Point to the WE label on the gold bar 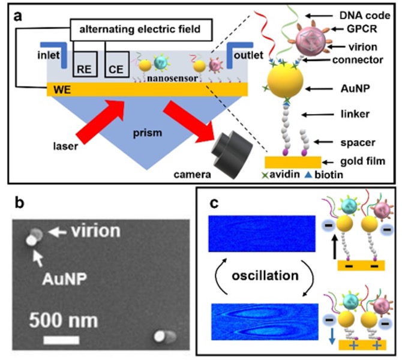pos(58,89)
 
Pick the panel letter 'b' pos(19,202)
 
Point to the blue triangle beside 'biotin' pos(313,176)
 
